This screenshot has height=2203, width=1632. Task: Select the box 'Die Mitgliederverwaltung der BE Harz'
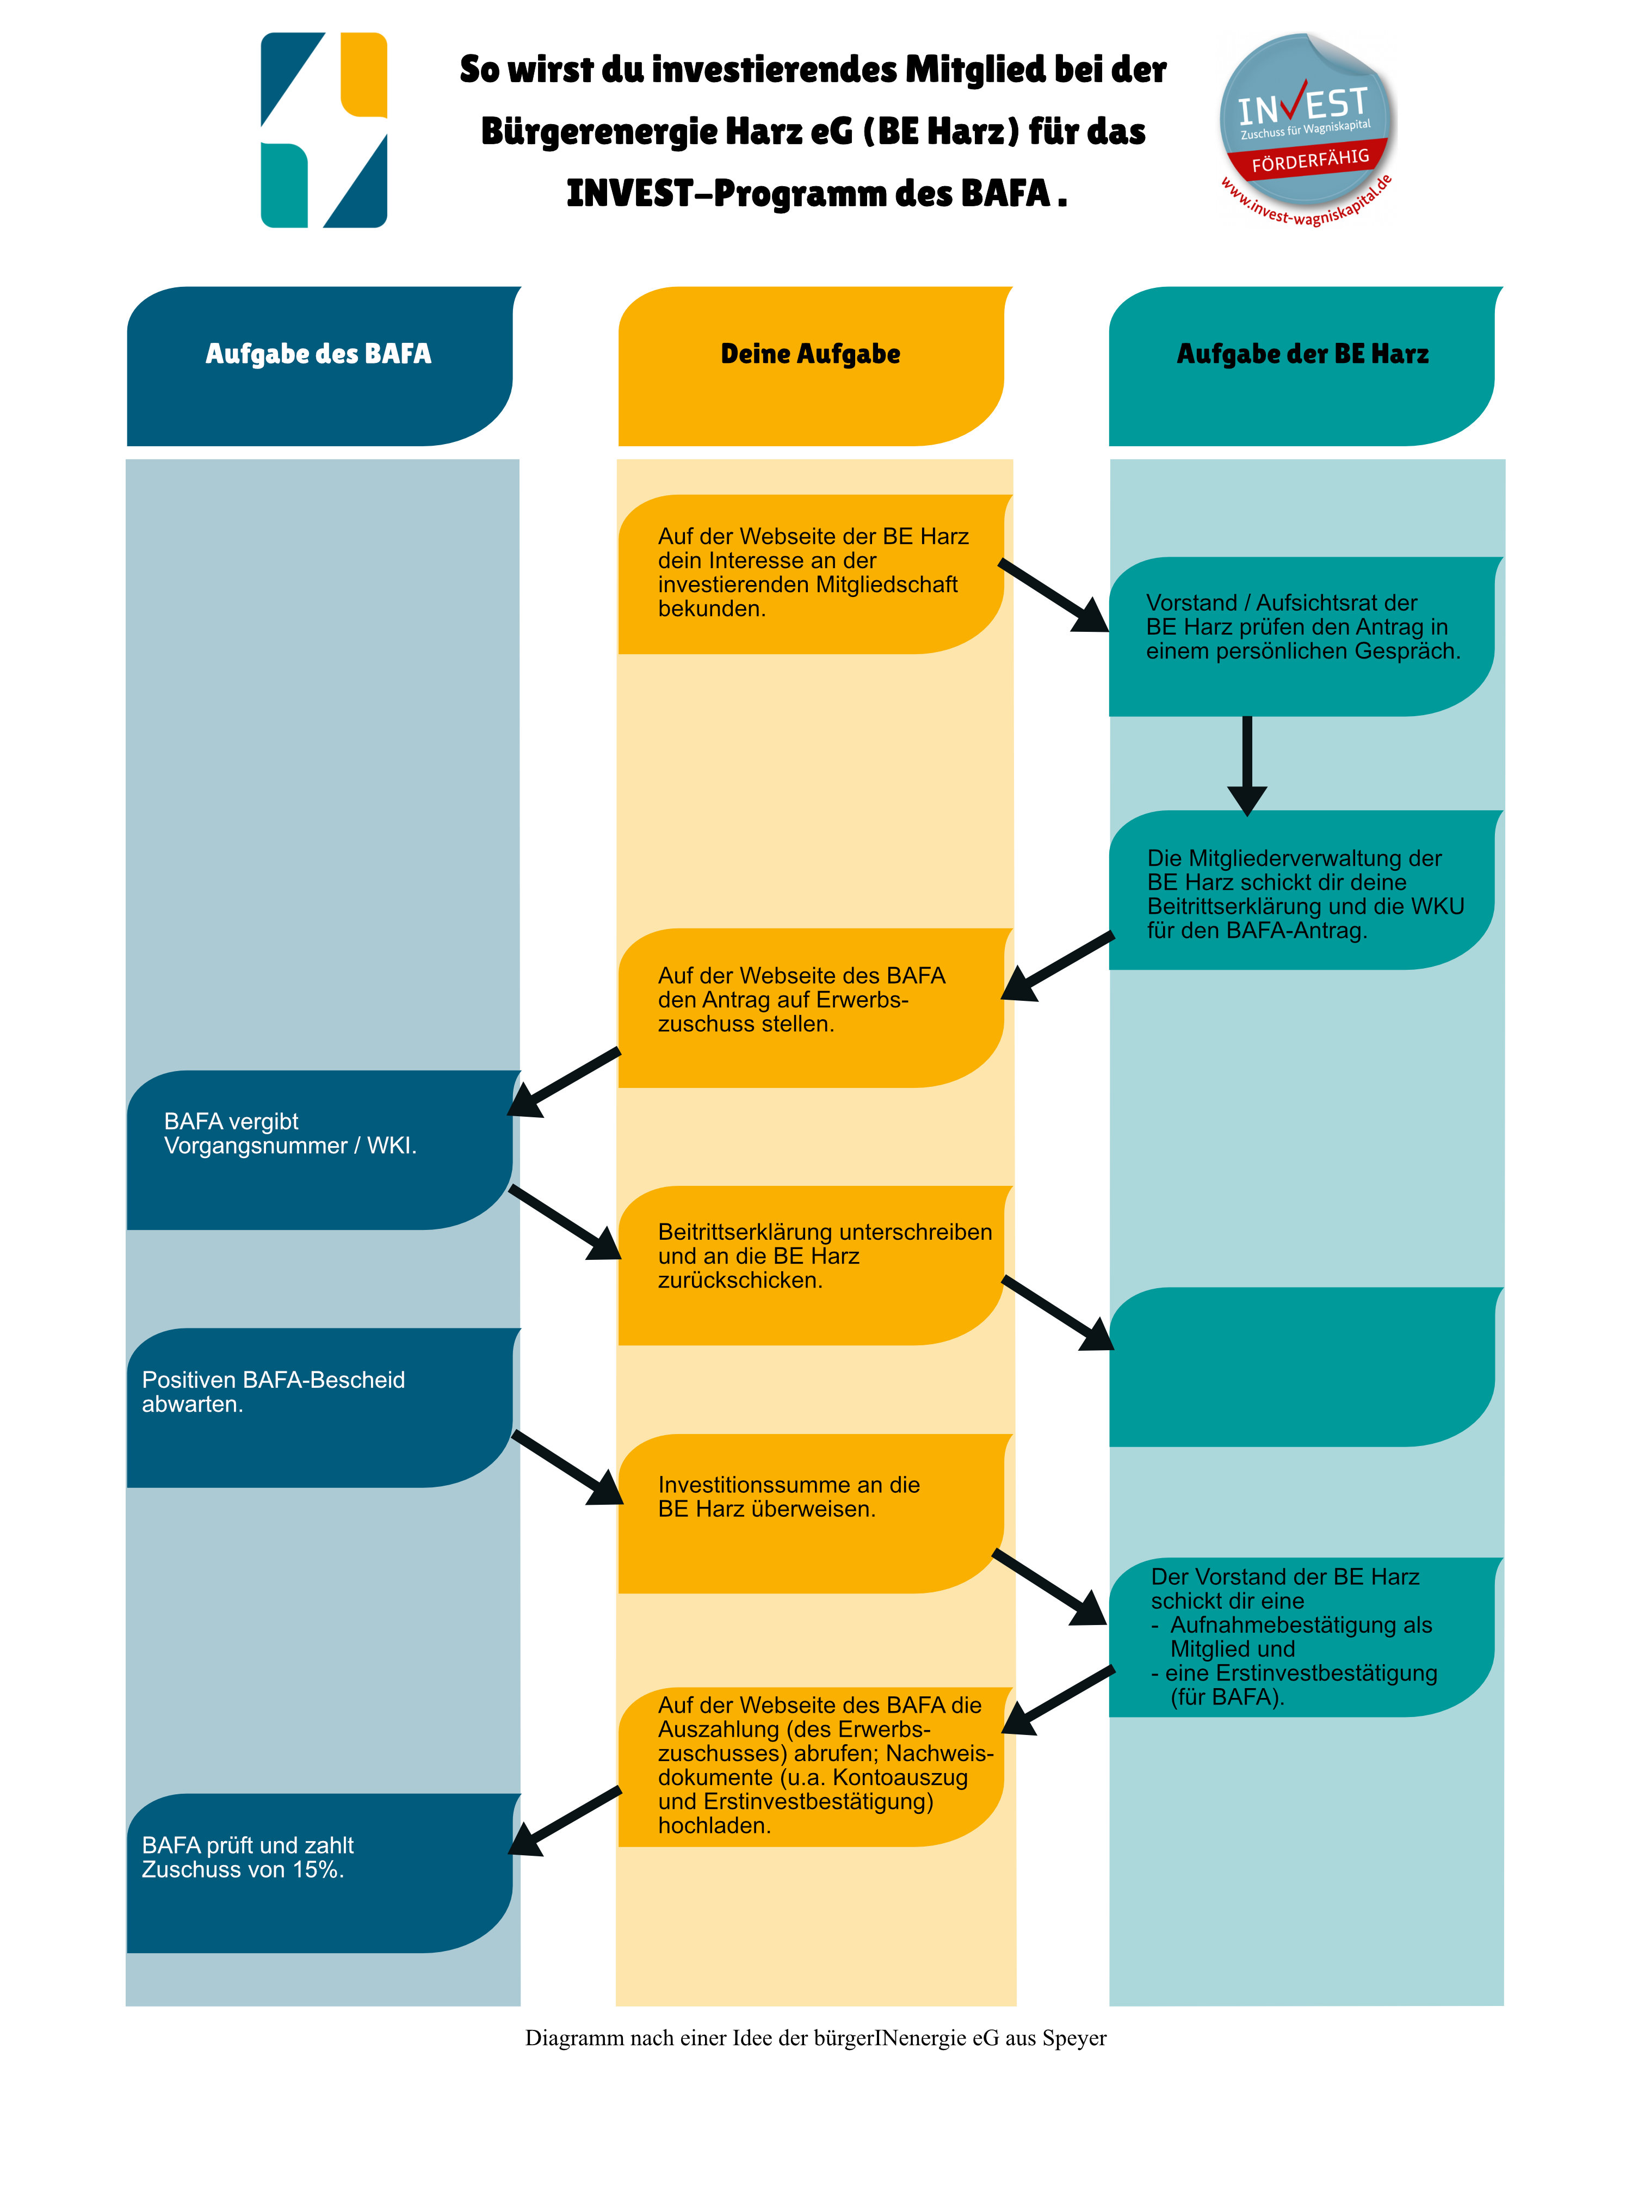[1301, 889]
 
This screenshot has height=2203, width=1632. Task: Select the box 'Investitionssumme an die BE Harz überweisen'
[810, 1512]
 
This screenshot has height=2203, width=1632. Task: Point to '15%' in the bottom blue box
[318, 1870]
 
